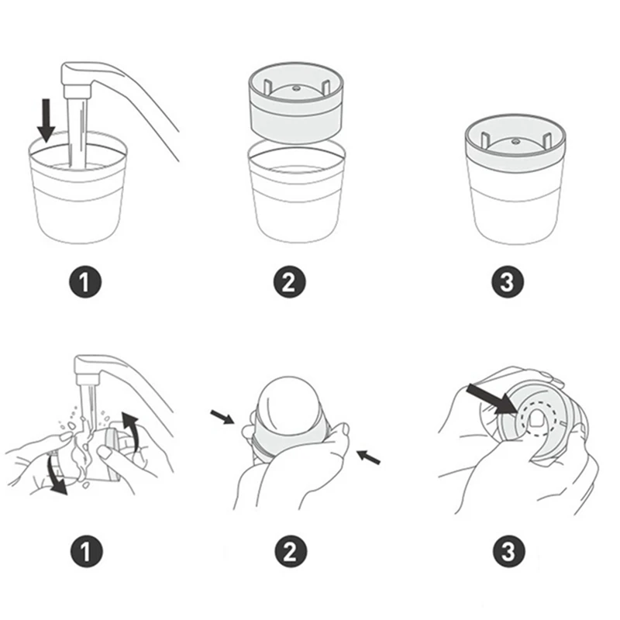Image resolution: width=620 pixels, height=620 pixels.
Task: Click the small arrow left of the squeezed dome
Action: pyautogui.click(x=222, y=418)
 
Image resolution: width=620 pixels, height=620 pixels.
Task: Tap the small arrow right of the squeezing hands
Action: pyautogui.click(x=370, y=456)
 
